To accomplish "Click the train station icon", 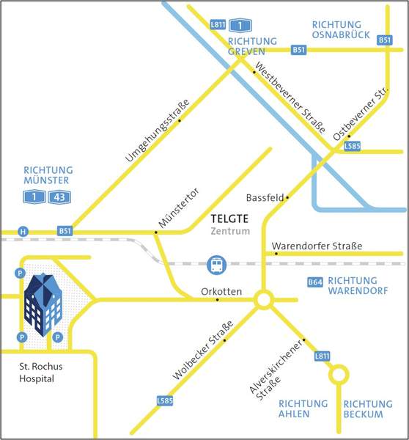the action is (216, 265).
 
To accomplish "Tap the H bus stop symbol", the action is (23, 232).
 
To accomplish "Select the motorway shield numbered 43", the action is (59, 197).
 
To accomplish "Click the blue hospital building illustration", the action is (43, 304).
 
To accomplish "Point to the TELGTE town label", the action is (229, 219).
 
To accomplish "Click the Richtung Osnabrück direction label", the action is (341, 30).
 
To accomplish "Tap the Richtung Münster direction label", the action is (48, 175).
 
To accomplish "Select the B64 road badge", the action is (315, 282).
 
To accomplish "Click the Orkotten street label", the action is (221, 292).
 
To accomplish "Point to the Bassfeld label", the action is (265, 198).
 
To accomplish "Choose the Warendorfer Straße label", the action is (317, 246).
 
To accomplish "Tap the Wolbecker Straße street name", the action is (203, 351).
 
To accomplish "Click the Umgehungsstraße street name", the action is (158, 131).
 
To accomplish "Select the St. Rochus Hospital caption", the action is (40, 373).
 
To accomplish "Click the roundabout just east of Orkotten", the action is (264, 300).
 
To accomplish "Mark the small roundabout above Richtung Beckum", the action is (339, 374).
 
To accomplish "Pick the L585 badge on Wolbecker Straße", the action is (165, 400).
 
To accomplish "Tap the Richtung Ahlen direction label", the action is (303, 409).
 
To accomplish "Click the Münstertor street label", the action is (179, 208).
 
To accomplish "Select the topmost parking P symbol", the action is (20, 274).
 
